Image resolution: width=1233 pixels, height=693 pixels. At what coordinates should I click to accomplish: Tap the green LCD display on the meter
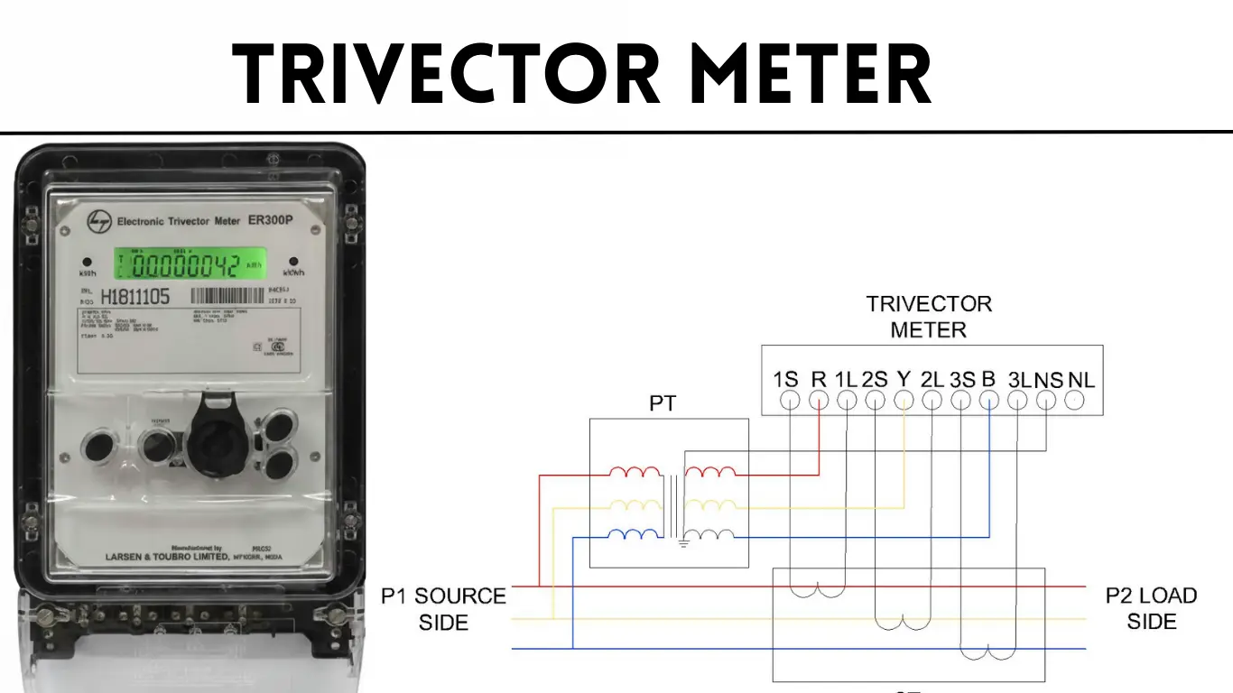coord(190,264)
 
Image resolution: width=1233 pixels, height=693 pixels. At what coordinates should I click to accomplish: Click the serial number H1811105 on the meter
coord(134,296)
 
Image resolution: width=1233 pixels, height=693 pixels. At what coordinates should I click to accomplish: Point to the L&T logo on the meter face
coord(98,221)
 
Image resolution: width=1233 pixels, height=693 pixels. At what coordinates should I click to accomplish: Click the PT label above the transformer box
coord(663,403)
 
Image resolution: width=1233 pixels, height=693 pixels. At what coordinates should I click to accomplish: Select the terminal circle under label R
coord(818,402)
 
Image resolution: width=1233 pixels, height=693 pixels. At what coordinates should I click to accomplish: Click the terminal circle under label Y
coord(904,402)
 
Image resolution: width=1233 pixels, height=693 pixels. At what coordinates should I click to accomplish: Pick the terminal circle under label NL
coord(1074,402)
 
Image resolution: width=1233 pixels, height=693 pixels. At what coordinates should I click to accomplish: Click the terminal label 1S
coord(785,380)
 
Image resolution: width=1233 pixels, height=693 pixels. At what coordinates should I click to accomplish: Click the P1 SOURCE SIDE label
coord(443,609)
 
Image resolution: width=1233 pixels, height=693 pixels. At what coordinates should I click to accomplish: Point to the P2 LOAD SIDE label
coord(1151,609)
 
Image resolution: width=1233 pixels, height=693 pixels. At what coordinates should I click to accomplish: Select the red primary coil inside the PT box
coord(635,472)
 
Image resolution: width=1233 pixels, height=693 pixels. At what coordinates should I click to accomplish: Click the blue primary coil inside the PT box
coord(635,535)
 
